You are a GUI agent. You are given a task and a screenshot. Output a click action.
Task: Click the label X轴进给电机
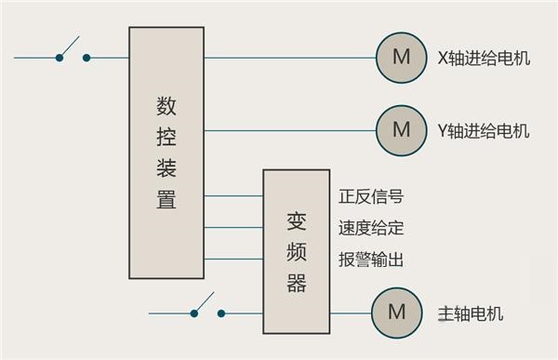click(484, 58)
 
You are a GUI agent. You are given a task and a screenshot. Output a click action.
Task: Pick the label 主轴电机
click(470, 313)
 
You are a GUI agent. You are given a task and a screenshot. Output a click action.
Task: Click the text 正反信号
click(371, 197)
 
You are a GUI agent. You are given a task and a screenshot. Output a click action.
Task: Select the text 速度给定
click(371, 228)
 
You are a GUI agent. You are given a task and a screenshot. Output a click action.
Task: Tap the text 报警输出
click(371, 260)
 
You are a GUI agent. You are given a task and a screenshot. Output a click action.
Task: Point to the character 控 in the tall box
click(166, 138)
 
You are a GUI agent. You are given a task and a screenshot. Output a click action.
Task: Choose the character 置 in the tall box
click(166, 200)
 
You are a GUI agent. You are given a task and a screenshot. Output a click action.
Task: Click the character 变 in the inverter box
click(297, 221)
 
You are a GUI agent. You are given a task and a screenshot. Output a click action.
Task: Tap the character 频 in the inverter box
click(297, 252)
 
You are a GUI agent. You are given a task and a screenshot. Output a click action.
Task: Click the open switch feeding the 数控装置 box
click(73, 51)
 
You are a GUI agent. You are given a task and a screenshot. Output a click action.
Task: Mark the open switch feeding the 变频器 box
click(207, 308)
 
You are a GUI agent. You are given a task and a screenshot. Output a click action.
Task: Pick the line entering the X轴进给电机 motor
click(288, 58)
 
